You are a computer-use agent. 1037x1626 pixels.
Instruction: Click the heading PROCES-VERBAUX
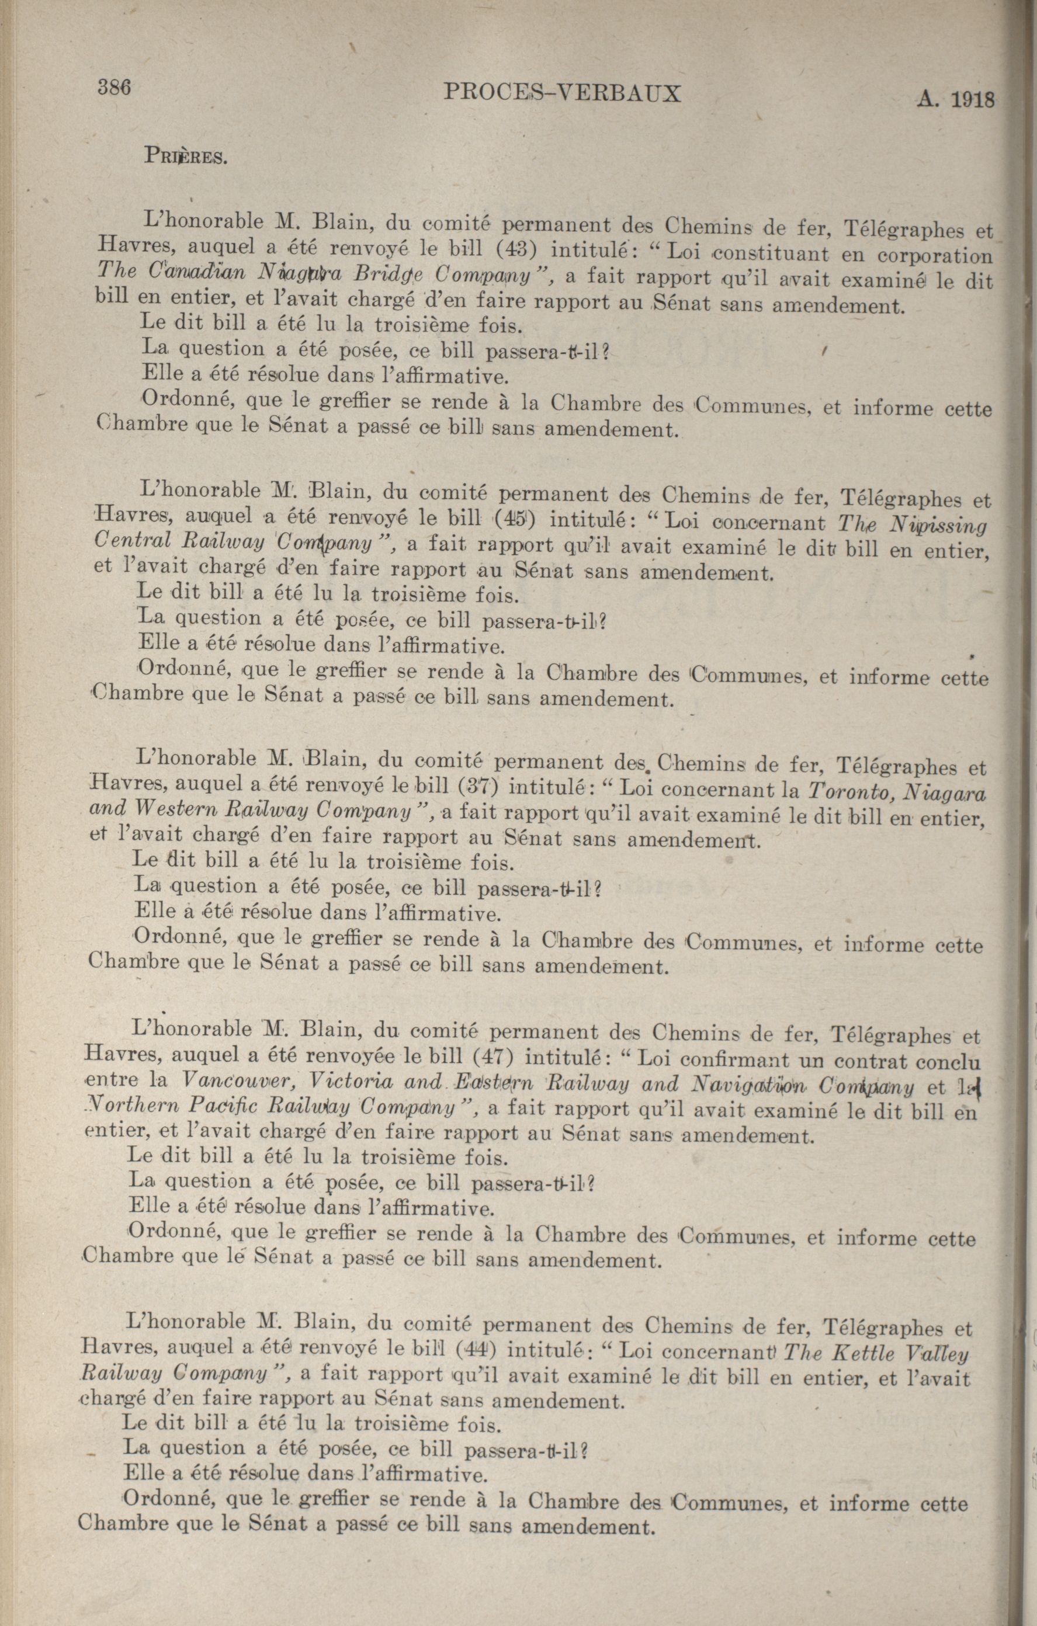tap(561, 94)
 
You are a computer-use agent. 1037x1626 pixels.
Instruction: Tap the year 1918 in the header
tap(973, 100)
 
